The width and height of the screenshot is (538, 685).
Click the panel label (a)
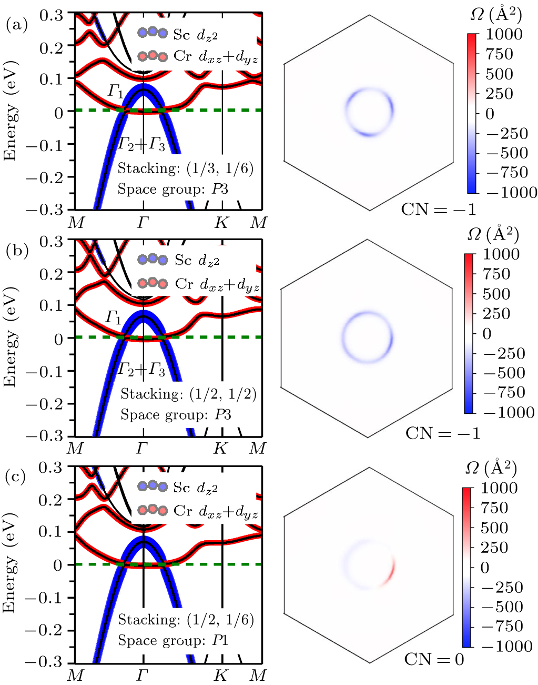pyautogui.click(x=16, y=25)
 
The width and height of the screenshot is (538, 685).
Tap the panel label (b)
pyautogui.click(x=16, y=251)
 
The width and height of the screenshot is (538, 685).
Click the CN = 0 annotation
pyautogui.click(x=434, y=659)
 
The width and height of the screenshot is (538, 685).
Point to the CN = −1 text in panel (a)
pyautogui.click(x=438, y=210)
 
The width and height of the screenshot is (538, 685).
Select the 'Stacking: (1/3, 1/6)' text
pyautogui.click(x=185, y=168)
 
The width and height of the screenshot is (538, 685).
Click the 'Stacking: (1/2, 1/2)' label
pyautogui.click(x=188, y=394)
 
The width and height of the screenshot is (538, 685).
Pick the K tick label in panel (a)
pyautogui.click(x=221, y=223)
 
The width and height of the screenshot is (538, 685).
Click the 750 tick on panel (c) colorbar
pyautogui.click(x=494, y=508)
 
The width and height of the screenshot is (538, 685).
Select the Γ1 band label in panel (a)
pyautogui.click(x=116, y=92)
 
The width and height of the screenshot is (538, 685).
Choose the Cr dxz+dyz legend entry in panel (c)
pyautogui.click(x=198, y=511)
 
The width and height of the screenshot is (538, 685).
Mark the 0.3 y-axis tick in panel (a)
pyautogui.click(x=51, y=15)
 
